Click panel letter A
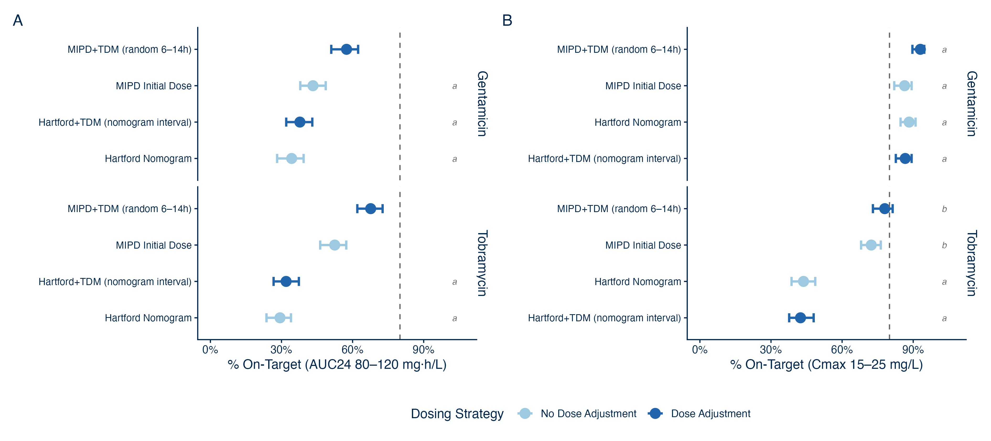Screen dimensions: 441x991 [x=18, y=20]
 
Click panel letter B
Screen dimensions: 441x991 [x=507, y=20]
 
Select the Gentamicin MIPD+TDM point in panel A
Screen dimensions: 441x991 [x=346, y=49]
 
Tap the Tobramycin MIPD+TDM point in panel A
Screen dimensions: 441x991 [x=370, y=209]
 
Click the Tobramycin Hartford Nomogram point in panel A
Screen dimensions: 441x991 [x=280, y=318]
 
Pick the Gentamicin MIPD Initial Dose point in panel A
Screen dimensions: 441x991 [x=313, y=86]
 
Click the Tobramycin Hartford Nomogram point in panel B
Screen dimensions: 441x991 [x=803, y=282]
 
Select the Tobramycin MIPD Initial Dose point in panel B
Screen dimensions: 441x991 [x=871, y=245]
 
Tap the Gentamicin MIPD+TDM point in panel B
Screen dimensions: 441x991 [x=920, y=49]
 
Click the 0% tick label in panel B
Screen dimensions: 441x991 [x=699, y=349]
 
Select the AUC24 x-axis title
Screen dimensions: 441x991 [x=337, y=364]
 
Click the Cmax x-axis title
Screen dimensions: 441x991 [x=826, y=364]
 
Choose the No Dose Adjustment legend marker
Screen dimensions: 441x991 [x=525, y=413]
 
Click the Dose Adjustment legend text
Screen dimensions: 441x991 [x=710, y=414]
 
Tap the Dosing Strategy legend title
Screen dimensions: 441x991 [x=457, y=414]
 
